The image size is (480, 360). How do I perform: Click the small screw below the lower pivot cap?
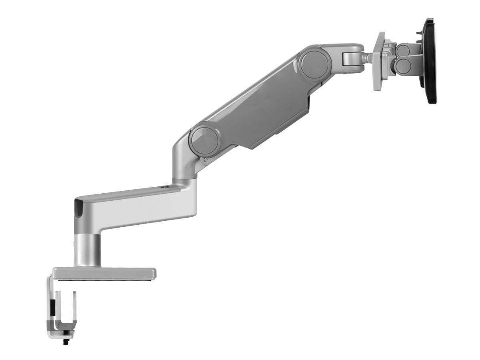(205, 160)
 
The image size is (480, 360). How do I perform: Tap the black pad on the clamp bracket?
(53, 308)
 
